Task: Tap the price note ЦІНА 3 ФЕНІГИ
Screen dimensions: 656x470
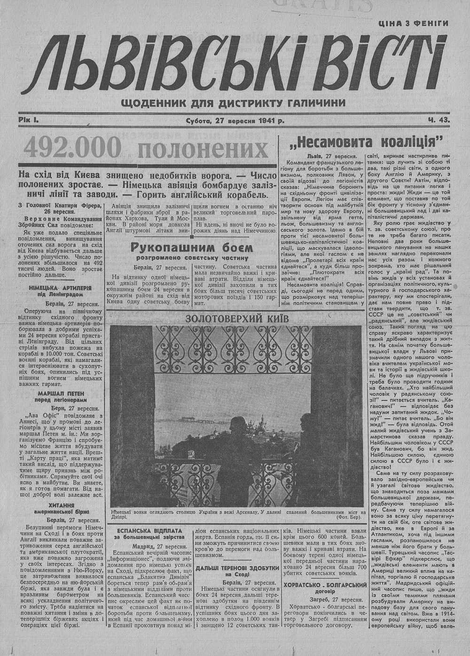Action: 413,23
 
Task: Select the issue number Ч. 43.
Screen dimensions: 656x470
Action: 439,120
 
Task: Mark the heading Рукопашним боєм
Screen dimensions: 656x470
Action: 192,247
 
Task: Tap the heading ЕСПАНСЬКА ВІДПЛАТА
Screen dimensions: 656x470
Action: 149,531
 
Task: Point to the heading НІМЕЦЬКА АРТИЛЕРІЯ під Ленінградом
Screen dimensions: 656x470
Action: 60,290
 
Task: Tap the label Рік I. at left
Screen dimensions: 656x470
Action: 29,120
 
